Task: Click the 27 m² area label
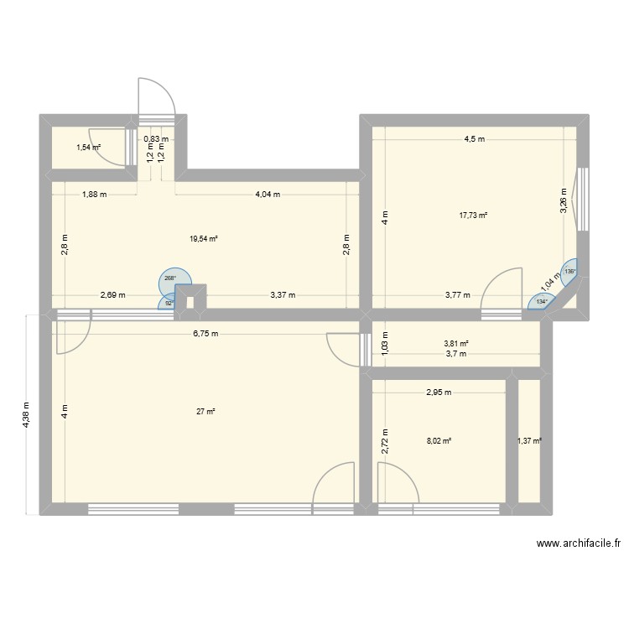click(205, 412)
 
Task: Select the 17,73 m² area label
click(473, 216)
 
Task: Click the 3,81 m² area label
click(456, 343)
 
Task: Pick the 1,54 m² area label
click(89, 148)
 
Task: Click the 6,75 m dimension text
click(204, 334)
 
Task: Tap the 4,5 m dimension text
click(475, 139)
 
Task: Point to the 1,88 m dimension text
click(94, 195)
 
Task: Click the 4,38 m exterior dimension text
click(27, 413)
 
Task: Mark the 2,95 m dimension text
click(439, 392)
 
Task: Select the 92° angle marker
click(169, 303)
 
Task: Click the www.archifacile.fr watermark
click(578, 544)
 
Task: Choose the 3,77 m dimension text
click(456, 295)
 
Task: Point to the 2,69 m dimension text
click(112, 295)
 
